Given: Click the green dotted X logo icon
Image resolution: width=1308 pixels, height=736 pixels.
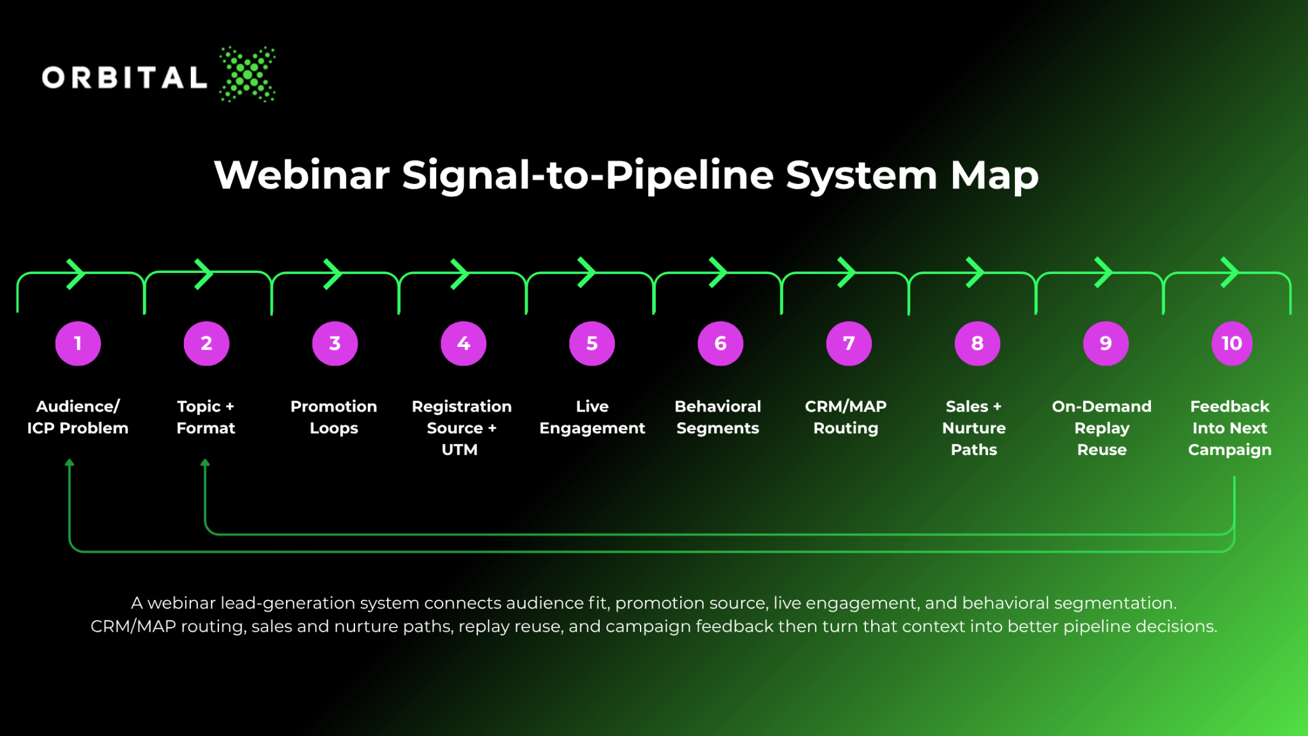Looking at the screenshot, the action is coord(248,74).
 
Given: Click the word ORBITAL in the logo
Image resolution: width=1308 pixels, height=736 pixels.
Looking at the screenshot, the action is coord(125,78).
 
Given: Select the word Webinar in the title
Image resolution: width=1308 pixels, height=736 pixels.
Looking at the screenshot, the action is coord(302,174).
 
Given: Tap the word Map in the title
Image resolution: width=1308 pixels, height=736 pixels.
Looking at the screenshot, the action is coord(994,176).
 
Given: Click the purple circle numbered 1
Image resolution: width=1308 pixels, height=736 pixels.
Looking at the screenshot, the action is coord(78,344).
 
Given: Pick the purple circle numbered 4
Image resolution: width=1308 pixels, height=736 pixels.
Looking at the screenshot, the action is coord(464,344).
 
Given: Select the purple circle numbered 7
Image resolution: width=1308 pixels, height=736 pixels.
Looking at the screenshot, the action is coord(849,344).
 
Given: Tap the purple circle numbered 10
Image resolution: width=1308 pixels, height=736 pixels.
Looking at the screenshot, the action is coord(1232,344).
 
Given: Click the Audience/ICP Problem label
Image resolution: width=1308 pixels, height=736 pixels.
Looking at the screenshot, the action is coord(78,417).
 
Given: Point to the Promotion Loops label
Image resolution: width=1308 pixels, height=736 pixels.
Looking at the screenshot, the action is coord(334,417).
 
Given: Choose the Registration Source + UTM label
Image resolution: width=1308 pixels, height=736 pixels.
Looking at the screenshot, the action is coord(462,428).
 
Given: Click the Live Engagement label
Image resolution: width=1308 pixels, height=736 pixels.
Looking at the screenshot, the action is coord(592,418).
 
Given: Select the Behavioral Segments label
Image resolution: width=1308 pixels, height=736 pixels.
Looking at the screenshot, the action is coord(718,418).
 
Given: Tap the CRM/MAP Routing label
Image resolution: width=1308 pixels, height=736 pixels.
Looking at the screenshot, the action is coord(846,418).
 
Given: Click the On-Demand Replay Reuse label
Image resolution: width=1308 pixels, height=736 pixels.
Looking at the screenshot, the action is coord(1102,428).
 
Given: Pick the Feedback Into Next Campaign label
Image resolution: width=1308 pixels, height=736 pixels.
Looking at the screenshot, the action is coord(1230,429).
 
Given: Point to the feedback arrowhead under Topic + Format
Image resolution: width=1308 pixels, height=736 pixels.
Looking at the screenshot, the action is coord(205,463).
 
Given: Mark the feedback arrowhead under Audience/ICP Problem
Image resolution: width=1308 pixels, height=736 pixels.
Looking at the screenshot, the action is coord(70,463).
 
